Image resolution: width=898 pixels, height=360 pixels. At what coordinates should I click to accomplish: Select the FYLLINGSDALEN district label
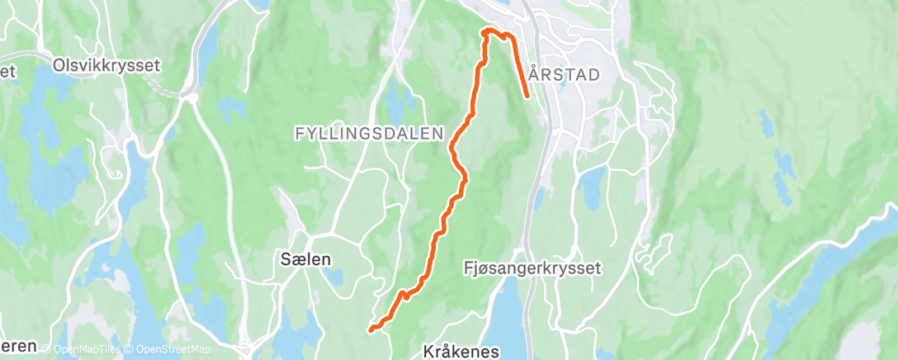point(369,133)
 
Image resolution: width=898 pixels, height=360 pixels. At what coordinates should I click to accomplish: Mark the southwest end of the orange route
point(371,329)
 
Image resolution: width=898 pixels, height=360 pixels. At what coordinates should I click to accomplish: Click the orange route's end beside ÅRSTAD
point(527,97)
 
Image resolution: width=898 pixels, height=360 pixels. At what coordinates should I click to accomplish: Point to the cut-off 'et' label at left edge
point(8,72)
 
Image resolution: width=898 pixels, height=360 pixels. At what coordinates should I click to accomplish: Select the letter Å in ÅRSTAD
point(534,73)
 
